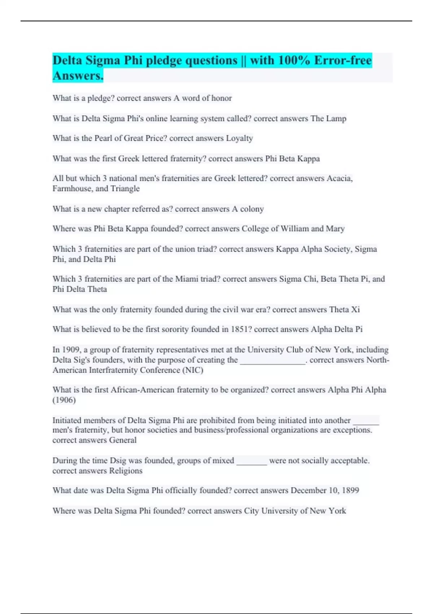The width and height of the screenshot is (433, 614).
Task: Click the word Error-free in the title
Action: [x=343, y=60]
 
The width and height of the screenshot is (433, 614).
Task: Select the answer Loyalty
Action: [x=239, y=138]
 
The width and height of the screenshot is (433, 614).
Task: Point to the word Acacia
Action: [x=339, y=178]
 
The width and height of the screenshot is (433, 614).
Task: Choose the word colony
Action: [x=252, y=209]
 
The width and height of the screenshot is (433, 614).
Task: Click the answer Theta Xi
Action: [x=344, y=310]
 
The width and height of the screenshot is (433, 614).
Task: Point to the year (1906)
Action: [x=64, y=400]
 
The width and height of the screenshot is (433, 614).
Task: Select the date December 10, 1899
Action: [x=325, y=490]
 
